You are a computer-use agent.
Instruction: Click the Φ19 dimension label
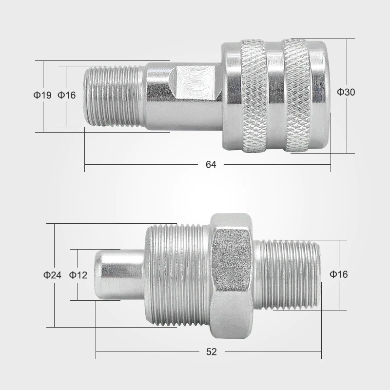[x=42, y=95]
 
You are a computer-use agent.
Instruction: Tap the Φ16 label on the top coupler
[x=66, y=95]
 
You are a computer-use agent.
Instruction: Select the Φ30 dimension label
[x=346, y=92]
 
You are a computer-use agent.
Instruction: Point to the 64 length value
[x=211, y=165]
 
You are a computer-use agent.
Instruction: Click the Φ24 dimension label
[x=52, y=275]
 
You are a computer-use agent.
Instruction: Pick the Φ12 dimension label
[x=78, y=275]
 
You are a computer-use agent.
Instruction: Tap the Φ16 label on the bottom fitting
[x=338, y=274]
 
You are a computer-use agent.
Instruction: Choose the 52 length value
[x=212, y=351]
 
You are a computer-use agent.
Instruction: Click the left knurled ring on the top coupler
[x=254, y=96]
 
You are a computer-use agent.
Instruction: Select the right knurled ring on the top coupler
[x=297, y=96]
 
